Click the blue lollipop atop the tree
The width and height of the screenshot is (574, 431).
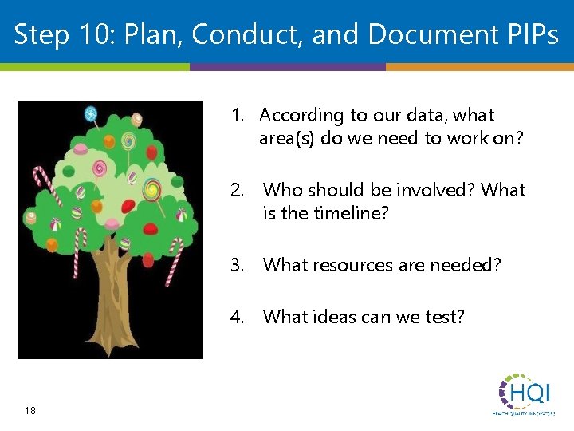click(x=91, y=114)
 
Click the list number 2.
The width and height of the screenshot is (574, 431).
click(x=237, y=190)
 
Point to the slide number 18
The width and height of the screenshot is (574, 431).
click(x=29, y=410)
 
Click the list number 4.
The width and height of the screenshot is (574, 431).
click(x=237, y=317)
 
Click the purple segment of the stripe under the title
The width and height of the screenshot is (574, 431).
click(x=287, y=67)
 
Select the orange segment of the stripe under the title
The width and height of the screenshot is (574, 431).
click(x=479, y=67)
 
